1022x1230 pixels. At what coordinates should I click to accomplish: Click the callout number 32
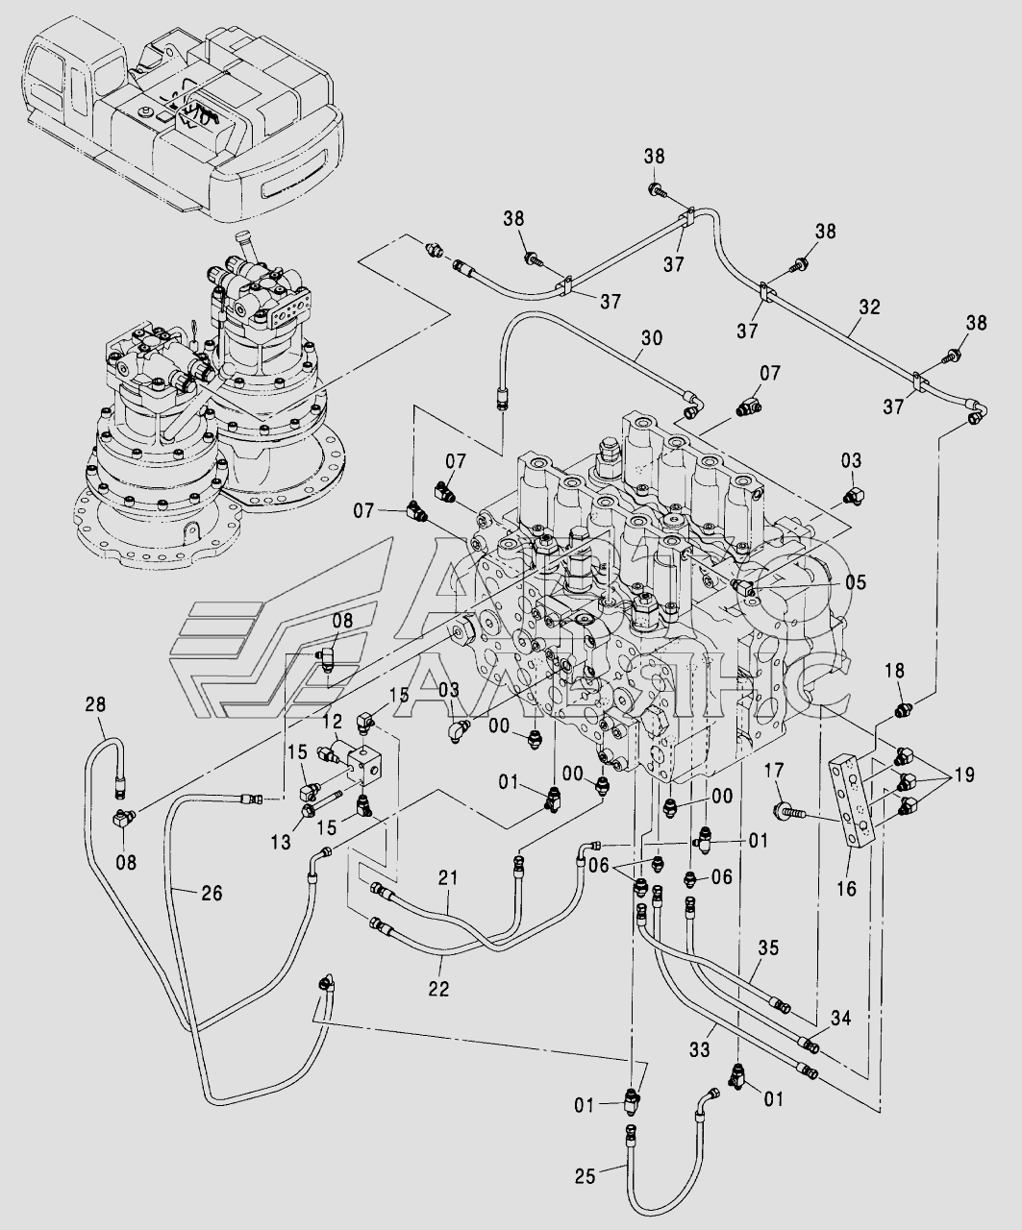(x=869, y=307)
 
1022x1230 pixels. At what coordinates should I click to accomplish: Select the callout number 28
(x=95, y=704)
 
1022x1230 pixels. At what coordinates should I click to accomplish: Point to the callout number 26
(x=212, y=893)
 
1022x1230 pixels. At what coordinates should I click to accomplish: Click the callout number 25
(x=586, y=1174)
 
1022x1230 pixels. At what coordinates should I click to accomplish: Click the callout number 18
(x=895, y=672)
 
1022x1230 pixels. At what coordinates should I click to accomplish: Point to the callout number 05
(x=856, y=582)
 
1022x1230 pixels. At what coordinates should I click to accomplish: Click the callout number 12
(x=332, y=721)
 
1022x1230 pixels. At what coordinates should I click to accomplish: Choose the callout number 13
(x=280, y=843)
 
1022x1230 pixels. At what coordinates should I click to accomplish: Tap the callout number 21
(x=448, y=877)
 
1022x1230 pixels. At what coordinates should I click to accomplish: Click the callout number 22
(x=438, y=987)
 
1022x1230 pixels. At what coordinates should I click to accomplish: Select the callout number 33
(x=700, y=1051)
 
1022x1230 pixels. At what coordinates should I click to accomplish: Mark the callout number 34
(x=840, y=1018)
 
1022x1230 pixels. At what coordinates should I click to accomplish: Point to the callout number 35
(x=767, y=948)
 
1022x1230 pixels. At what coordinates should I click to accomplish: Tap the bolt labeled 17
(x=788, y=813)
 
